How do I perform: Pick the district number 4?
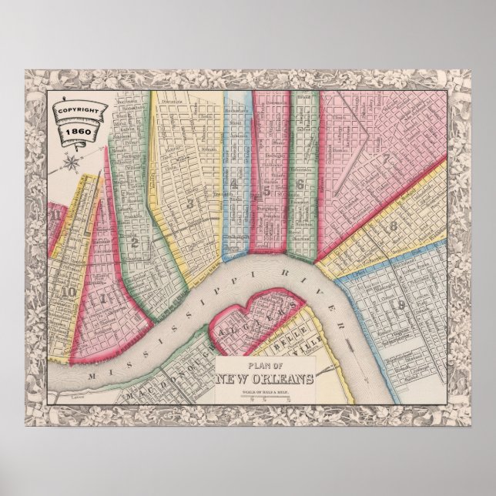(233, 183)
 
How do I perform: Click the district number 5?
(266, 189)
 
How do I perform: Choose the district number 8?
(393, 226)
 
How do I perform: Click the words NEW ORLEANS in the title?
(264, 377)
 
